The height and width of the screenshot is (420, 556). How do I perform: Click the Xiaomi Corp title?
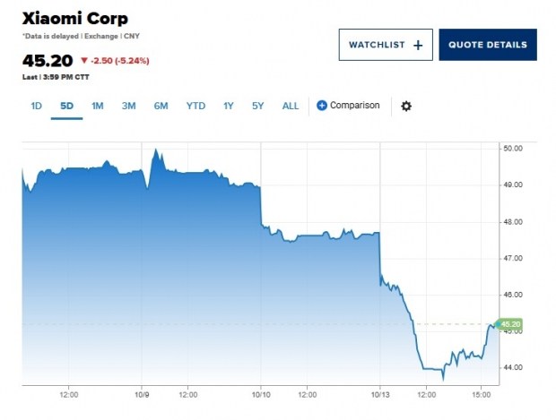[74, 18]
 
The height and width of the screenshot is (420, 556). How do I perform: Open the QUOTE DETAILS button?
[487, 45]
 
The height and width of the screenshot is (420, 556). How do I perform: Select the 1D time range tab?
[37, 106]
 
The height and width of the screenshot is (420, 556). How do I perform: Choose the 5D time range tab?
[66, 106]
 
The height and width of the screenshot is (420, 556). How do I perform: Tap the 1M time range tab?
[98, 106]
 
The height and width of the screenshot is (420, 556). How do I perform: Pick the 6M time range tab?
[161, 106]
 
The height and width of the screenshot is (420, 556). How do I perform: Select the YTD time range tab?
[195, 106]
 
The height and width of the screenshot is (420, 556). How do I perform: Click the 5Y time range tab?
[258, 106]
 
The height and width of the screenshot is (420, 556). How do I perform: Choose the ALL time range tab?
[291, 106]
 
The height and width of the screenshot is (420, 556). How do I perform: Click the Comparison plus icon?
[322, 106]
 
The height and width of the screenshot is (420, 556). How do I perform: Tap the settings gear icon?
[406, 106]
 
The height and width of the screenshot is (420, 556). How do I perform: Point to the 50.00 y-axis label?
[513, 149]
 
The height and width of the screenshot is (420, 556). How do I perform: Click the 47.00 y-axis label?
[513, 258]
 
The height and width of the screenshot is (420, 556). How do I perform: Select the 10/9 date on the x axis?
[143, 392]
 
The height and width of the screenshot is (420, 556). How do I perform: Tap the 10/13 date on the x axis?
[380, 392]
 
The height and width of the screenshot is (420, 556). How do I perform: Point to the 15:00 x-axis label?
[482, 392]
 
